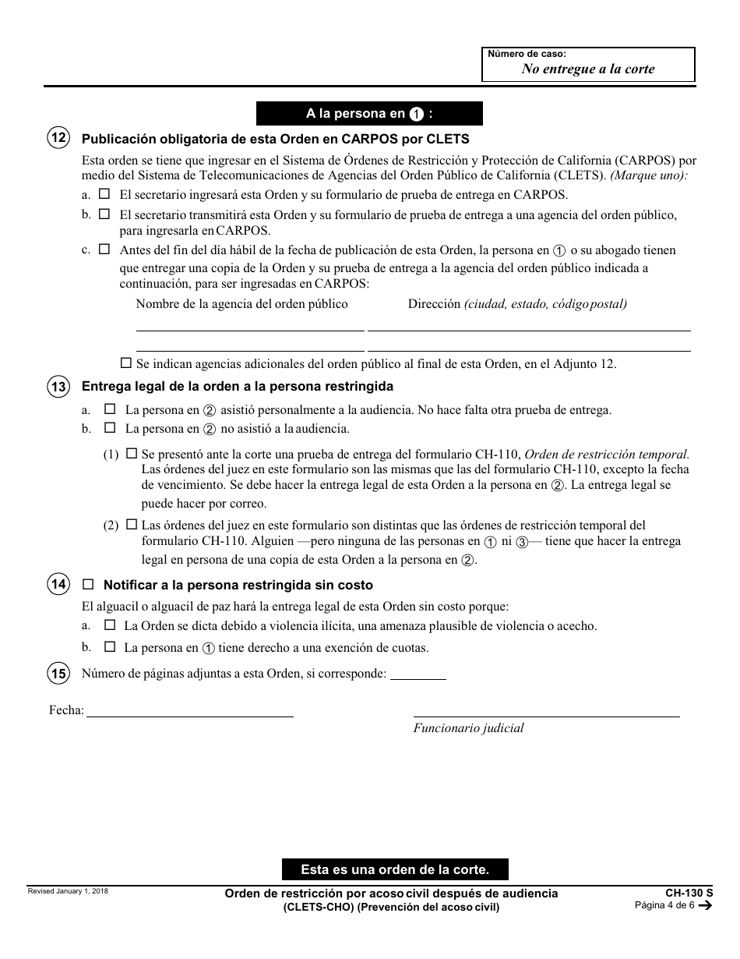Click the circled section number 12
pos(58,140)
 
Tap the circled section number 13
pos(58,387)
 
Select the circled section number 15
pos(58,673)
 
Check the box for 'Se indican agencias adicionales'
pos(127,363)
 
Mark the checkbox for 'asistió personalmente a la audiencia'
pos(109,409)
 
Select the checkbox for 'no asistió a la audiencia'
pos(109,428)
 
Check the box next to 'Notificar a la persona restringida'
pos(88,584)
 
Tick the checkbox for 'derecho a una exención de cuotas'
pos(109,646)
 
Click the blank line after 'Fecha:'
pos(189,711)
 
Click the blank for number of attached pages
pos(418,674)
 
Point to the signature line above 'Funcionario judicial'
pos(545,711)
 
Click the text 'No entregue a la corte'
pos(588,69)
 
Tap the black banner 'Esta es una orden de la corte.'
pos(395,869)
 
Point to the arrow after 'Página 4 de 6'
pos(706,906)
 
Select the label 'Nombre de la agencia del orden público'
pos(242,304)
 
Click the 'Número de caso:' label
pos(527,54)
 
